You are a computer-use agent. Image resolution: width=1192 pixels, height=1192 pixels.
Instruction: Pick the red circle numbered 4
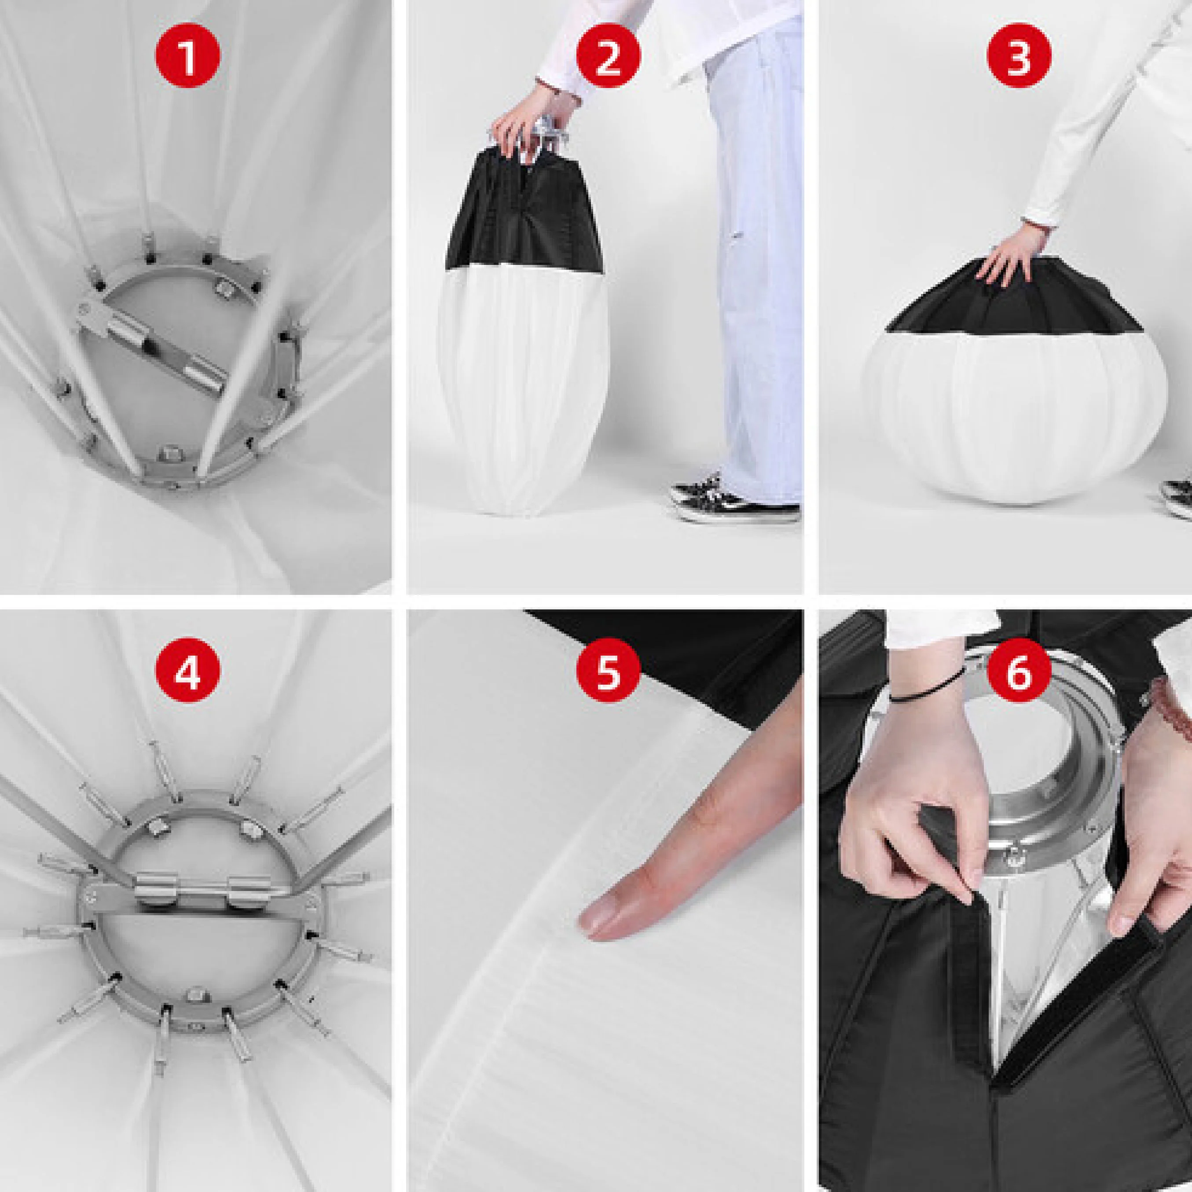tap(187, 672)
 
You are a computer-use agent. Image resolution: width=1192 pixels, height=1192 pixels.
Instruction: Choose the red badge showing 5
tap(608, 672)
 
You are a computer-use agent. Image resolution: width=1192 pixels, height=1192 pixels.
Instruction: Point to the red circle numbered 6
tap(1019, 672)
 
